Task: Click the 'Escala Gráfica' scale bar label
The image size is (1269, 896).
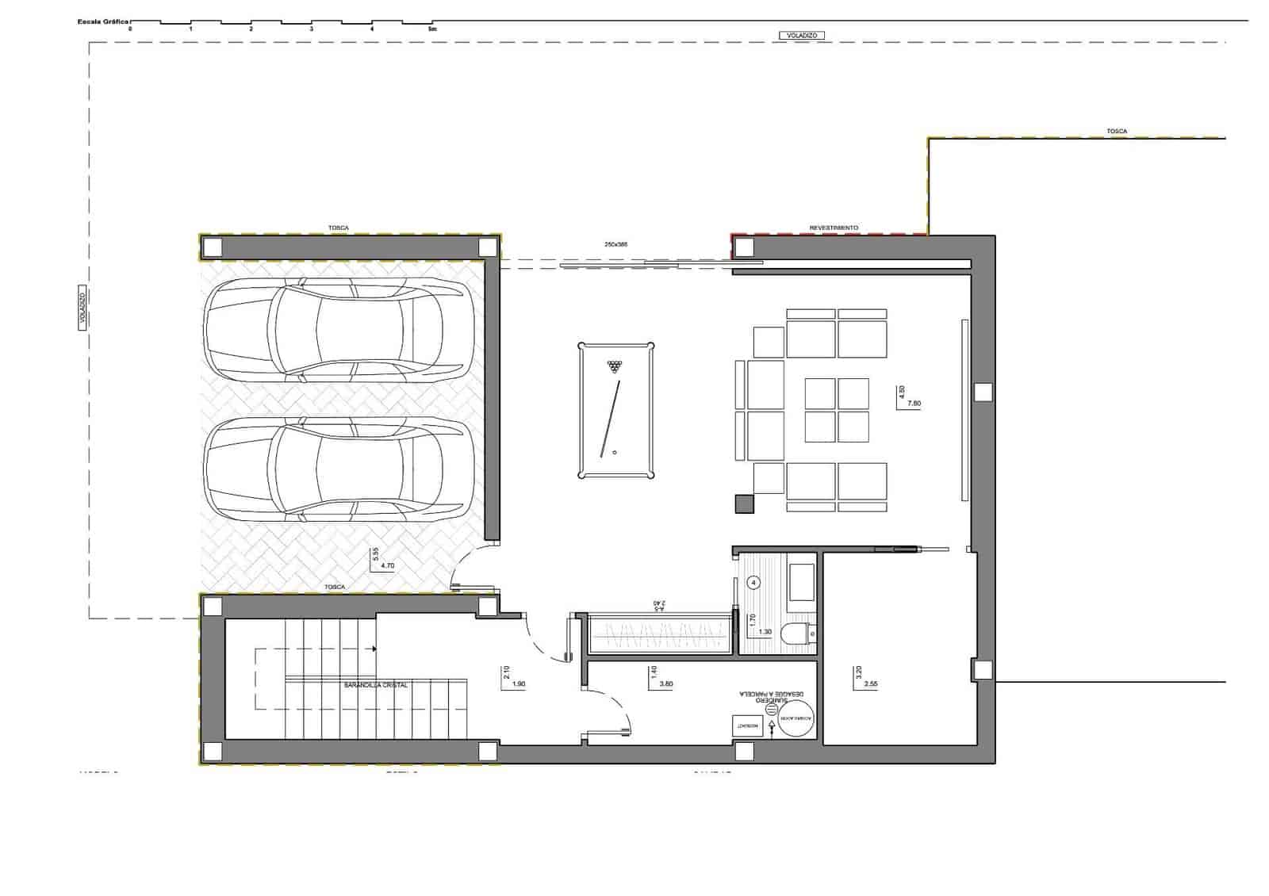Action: pyautogui.click(x=103, y=22)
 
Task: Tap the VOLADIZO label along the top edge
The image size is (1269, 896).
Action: pyautogui.click(x=802, y=36)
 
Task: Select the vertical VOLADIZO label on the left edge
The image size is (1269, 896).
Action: pyautogui.click(x=82, y=308)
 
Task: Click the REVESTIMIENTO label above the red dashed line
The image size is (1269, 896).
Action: pyautogui.click(x=833, y=228)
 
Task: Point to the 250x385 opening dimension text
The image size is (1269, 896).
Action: pyautogui.click(x=615, y=244)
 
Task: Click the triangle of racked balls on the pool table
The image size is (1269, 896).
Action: pyautogui.click(x=615, y=366)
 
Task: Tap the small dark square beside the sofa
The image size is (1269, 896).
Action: pyautogui.click(x=744, y=504)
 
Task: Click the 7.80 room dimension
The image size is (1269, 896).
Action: pyautogui.click(x=914, y=404)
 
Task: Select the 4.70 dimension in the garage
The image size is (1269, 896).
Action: pyautogui.click(x=388, y=565)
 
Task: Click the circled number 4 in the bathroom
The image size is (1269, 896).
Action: pyautogui.click(x=753, y=583)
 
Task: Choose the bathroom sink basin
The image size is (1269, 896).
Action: pyautogui.click(x=801, y=582)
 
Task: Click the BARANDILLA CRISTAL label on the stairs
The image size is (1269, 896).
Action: pyautogui.click(x=376, y=685)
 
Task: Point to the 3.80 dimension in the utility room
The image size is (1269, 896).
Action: pyautogui.click(x=666, y=683)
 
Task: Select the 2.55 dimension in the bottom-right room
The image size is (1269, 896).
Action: pyautogui.click(x=871, y=683)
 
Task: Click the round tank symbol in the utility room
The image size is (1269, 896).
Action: pyautogui.click(x=796, y=720)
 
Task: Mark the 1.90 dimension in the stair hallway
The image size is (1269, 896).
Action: pyautogui.click(x=519, y=683)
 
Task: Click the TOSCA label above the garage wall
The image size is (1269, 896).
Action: pyautogui.click(x=339, y=228)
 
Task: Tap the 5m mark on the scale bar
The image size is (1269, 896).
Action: pyautogui.click(x=432, y=29)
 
